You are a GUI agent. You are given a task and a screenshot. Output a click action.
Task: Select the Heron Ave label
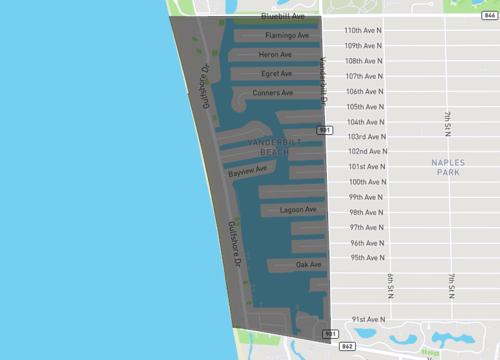(275, 54)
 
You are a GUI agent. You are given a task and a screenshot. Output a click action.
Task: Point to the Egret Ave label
(276, 73)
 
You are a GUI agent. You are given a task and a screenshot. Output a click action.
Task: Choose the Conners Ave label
(273, 93)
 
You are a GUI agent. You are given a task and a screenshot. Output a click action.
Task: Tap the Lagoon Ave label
(298, 210)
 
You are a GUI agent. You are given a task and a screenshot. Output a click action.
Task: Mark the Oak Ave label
(308, 265)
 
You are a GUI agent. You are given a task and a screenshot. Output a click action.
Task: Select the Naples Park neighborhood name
(448, 167)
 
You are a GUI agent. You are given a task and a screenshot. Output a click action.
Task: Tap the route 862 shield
(347, 346)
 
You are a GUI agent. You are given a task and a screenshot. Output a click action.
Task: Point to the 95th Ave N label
(370, 258)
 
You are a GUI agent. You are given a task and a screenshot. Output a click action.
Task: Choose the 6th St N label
(389, 284)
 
